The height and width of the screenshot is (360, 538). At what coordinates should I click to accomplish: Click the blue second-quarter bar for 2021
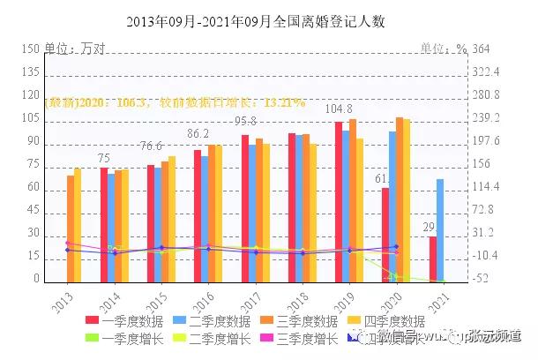(440, 229)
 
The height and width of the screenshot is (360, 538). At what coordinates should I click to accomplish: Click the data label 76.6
(151, 146)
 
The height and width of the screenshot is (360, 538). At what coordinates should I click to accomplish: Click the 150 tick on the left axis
(30, 49)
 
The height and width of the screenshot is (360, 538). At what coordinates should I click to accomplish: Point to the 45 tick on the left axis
(33, 211)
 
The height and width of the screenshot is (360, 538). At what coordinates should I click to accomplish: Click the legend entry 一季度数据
(123, 320)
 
